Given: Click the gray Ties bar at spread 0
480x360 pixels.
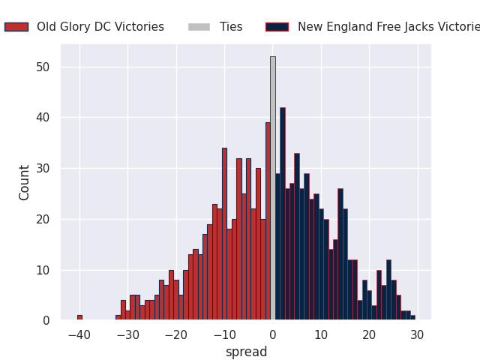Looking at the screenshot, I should pyautogui.click(x=272, y=188).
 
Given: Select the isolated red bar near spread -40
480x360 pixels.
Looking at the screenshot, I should pyautogui.click(x=79, y=317).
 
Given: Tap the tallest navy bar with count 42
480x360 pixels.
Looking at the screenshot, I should pyautogui.click(x=283, y=214).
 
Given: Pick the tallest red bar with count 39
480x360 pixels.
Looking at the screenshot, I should pyautogui.click(x=268, y=221).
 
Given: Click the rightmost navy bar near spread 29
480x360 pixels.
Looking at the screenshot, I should pyautogui.click(x=412, y=318).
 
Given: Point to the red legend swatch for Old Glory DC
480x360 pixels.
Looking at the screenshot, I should pyautogui.click(x=16, y=27).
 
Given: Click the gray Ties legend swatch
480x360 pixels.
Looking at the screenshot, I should pyautogui.click(x=199, y=27).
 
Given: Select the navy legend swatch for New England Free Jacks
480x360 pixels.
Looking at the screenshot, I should pyautogui.click(x=277, y=27).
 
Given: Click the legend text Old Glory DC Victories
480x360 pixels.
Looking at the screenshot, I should pyautogui.click(x=100, y=27).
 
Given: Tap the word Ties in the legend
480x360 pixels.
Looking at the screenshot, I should pyautogui.click(x=231, y=27).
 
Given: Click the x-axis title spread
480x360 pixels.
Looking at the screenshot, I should pyautogui.click(x=246, y=352).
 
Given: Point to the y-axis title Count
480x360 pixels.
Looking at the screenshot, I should pyautogui.click(x=25, y=182).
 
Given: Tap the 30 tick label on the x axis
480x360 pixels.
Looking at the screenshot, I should pyautogui.click(x=418, y=334).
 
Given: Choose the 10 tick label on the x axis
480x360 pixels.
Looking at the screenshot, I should pyautogui.click(x=321, y=334).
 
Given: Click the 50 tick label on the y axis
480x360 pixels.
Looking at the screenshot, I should pyautogui.click(x=43, y=67).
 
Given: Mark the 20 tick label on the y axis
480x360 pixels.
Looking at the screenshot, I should pyautogui.click(x=43, y=219).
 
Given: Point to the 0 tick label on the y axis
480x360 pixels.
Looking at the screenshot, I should pyautogui.click(x=46, y=320).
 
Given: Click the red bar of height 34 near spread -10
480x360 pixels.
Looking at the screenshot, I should pyautogui.click(x=224, y=234).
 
